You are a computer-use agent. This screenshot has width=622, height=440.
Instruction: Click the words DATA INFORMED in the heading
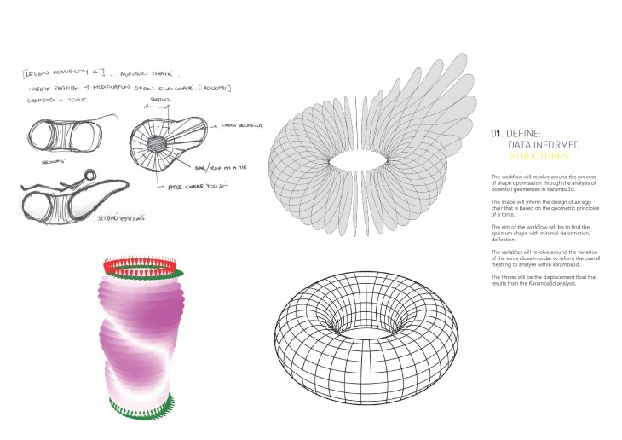click(x=538, y=146)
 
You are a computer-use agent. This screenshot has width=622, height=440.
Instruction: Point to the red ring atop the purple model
click(x=142, y=267)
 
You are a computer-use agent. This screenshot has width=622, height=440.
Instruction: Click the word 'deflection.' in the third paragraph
click(x=508, y=240)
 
